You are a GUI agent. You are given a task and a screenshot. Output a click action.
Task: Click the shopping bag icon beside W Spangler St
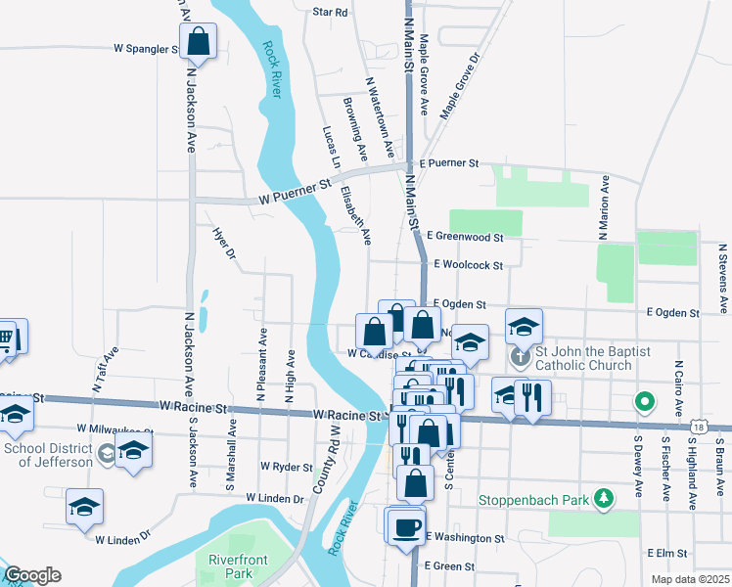(198, 43)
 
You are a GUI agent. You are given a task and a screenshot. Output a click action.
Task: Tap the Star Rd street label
(330, 13)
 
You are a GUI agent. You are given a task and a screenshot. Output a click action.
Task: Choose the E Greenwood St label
(465, 237)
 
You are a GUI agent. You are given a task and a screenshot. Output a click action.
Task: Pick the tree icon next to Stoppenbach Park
(606, 499)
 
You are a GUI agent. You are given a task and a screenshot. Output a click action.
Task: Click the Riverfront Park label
(231, 565)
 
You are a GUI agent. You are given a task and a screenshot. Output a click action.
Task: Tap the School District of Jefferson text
(47, 456)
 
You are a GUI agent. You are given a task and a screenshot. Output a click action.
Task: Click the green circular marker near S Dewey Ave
(644, 400)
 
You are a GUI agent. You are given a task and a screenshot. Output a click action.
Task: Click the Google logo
(31, 575)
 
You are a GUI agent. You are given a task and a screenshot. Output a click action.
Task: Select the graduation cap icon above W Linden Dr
(85, 507)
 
